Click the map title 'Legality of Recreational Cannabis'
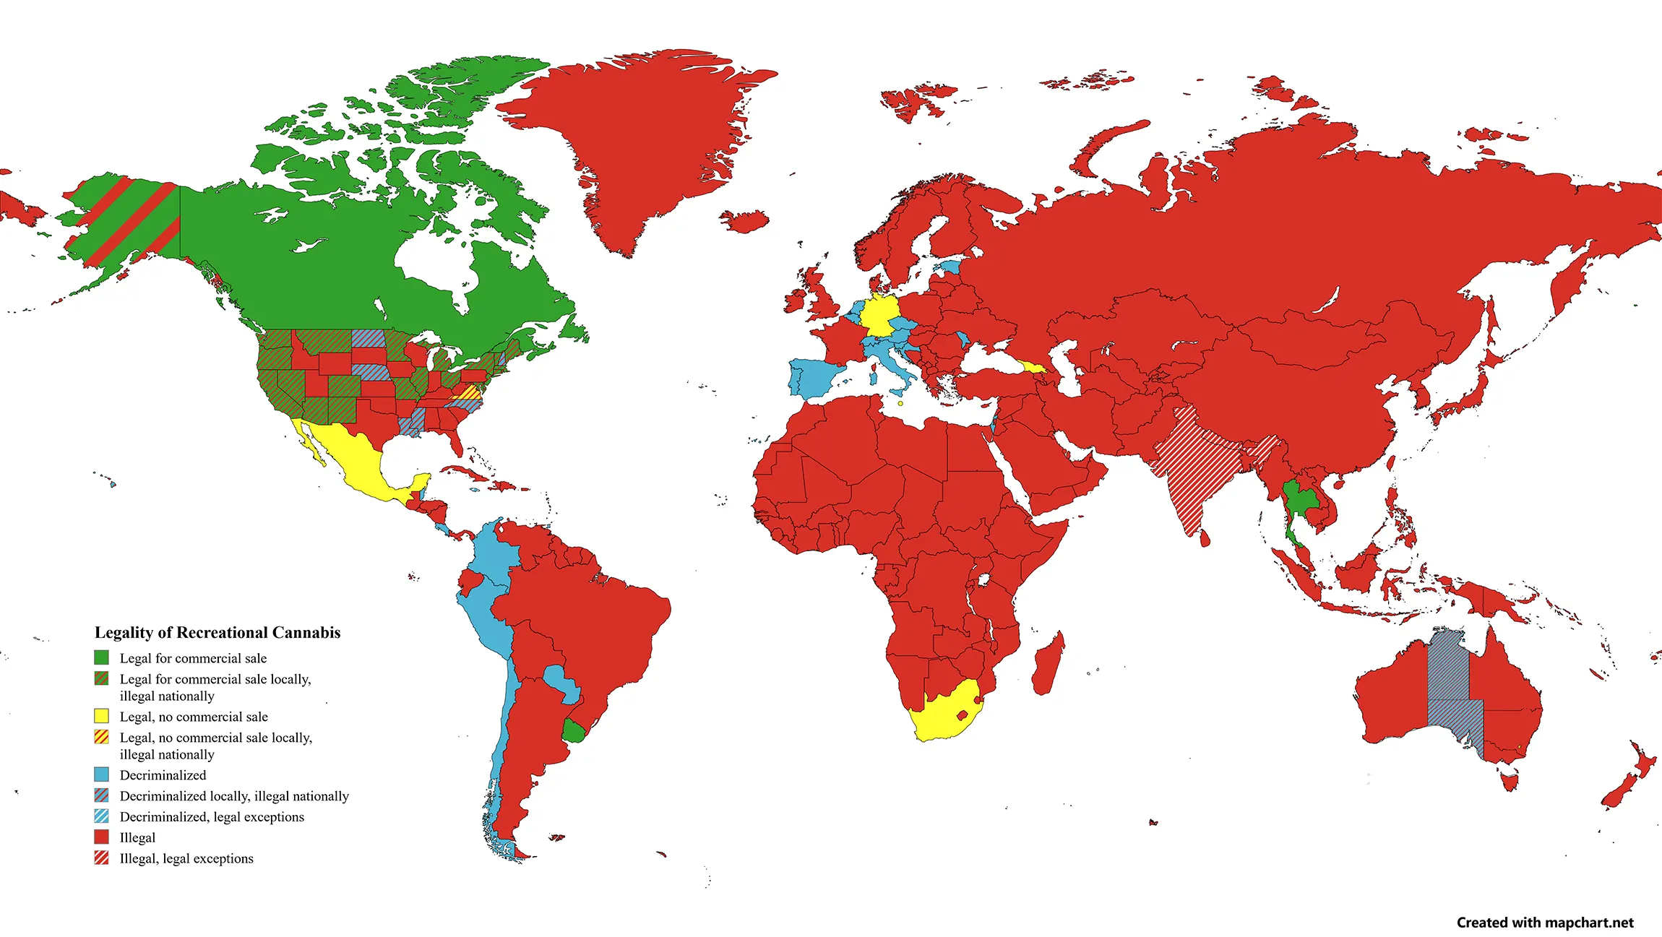(x=218, y=633)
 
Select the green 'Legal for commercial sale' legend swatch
(x=102, y=657)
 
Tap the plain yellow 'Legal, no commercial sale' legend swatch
(x=102, y=716)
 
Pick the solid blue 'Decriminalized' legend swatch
(x=102, y=774)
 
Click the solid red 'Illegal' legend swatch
(x=102, y=837)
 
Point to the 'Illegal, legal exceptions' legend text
(x=186, y=858)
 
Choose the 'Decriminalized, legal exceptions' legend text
(x=212, y=816)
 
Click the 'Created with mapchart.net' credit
(x=1545, y=923)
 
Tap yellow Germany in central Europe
(x=879, y=315)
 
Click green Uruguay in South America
(x=574, y=731)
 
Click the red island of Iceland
(x=744, y=220)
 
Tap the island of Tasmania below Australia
(x=1510, y=781)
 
